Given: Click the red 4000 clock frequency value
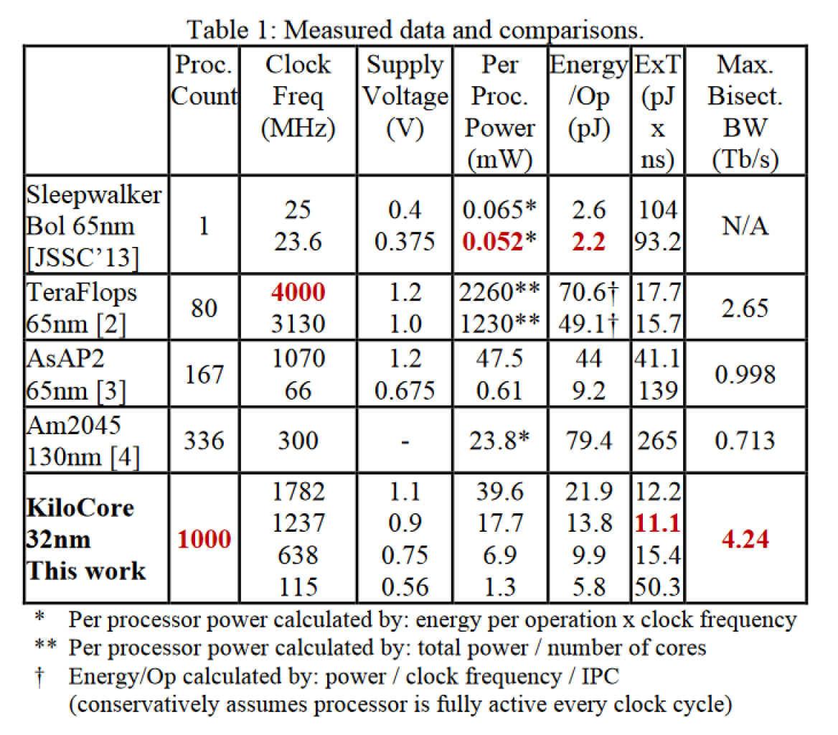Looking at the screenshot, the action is [298, 292].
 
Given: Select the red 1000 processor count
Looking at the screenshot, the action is [204, 539].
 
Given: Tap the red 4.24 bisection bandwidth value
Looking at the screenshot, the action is [745, 539].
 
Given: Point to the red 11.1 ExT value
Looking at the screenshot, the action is [657, 523].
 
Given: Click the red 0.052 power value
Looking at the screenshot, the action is [493, 242].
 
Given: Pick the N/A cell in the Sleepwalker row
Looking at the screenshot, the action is [745, 225].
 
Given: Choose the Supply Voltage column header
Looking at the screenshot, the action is [405, 96].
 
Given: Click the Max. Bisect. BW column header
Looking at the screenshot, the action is [745, 112].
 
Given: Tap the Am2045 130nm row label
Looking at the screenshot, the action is [83, 441].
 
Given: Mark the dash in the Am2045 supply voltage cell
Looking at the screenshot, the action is [405, 441].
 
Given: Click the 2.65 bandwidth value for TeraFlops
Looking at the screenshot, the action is [745, 308].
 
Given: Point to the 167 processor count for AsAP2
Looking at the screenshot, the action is [204, 374].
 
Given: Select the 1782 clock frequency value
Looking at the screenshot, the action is [298, 491].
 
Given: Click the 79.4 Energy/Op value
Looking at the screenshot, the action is [589, 441].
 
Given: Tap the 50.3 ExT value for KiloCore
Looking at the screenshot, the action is [657, 587].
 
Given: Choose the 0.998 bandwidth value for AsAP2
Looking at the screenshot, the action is [745, 374].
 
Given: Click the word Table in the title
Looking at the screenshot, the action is [217, 29].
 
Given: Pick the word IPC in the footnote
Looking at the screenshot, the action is [601, 677].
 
